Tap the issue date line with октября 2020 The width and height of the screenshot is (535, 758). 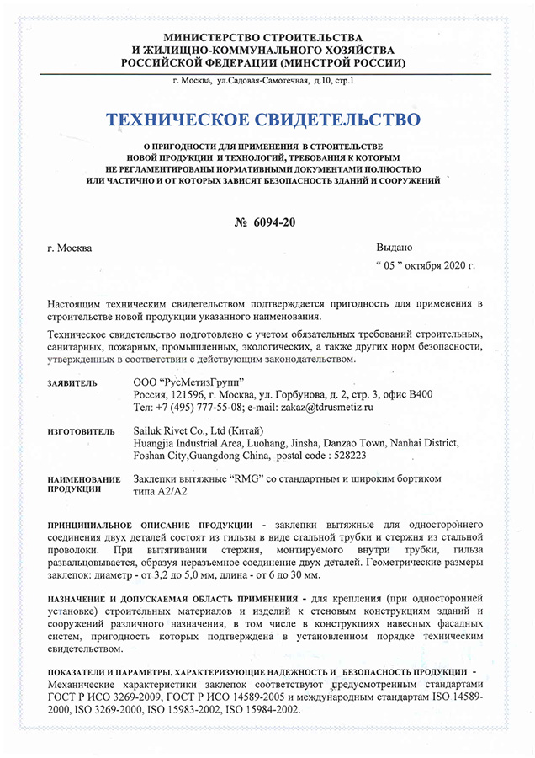click(x=424, y=266)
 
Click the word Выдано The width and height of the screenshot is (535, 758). click(x=394, y=248)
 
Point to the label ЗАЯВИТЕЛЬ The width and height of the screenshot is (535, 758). click(x=72, y=384)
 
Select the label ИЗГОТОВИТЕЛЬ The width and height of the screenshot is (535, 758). click(x=81, y=431)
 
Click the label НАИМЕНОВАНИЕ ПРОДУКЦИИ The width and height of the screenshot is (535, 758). click(x=81, y=483)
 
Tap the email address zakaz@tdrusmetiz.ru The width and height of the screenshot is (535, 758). click(x=322, y=407)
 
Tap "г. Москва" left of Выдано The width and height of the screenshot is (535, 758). click(x=72, y=248)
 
